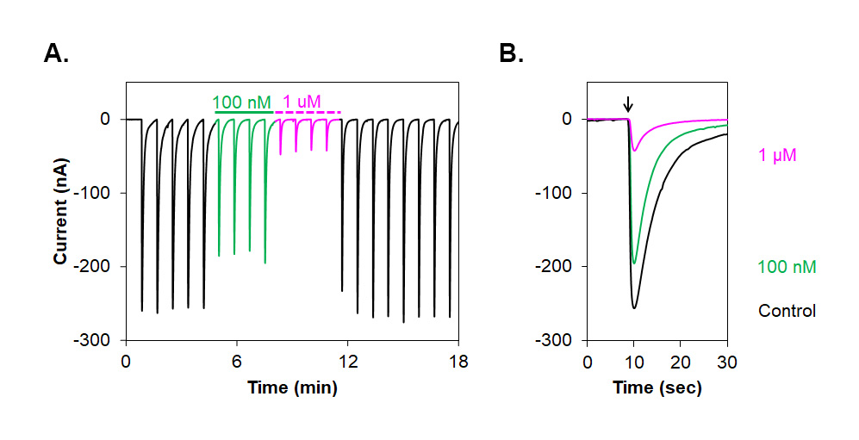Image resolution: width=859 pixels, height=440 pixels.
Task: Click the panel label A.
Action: (x=56, y=54)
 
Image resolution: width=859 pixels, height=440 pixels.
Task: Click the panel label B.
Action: (x=511, y=54)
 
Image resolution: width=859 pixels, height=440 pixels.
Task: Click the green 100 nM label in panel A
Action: (x=243, y=102)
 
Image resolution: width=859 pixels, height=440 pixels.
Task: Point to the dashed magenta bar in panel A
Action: (x=308, y=112)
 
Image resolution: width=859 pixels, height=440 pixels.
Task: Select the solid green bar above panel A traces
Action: (x=244, y=112)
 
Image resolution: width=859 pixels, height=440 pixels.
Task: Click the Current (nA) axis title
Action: (x=61, y=212)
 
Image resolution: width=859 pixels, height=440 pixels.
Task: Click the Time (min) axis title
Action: (x=292, y=387)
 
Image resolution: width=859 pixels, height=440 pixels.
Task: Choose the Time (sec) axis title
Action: (x=657, y=387)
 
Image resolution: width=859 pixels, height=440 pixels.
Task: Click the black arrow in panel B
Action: (x=628, y=104)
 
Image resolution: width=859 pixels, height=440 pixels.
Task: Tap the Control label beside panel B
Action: (x=787, y=311)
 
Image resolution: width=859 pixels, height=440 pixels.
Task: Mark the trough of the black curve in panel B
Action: (x=634, y=307)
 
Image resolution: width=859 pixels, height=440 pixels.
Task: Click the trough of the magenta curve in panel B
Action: (x=634, y=151)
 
